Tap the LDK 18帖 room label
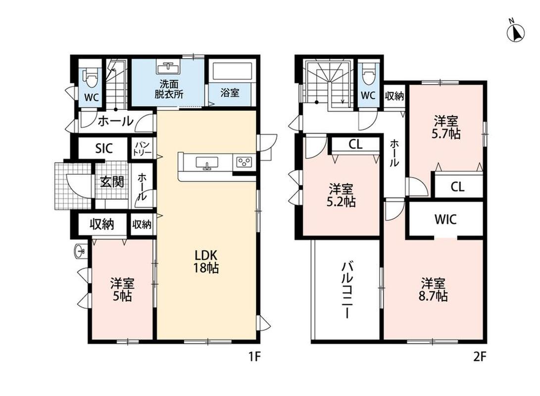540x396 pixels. click(206, 261)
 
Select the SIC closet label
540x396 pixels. click(103, 148)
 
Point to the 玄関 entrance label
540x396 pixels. click(112, 182)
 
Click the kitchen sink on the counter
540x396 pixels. click(207, 162)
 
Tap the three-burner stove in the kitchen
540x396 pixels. click(244, 161)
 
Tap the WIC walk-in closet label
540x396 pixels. click(445, 219)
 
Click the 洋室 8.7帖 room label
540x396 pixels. click(433, 290)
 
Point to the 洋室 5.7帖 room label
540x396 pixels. click(446, 127)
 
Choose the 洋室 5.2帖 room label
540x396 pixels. click(341, 195)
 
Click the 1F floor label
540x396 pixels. click(255, 357)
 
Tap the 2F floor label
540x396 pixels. click(480, 357)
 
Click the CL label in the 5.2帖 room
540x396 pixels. click(355, 144)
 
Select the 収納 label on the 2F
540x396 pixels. click(394, 96)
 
